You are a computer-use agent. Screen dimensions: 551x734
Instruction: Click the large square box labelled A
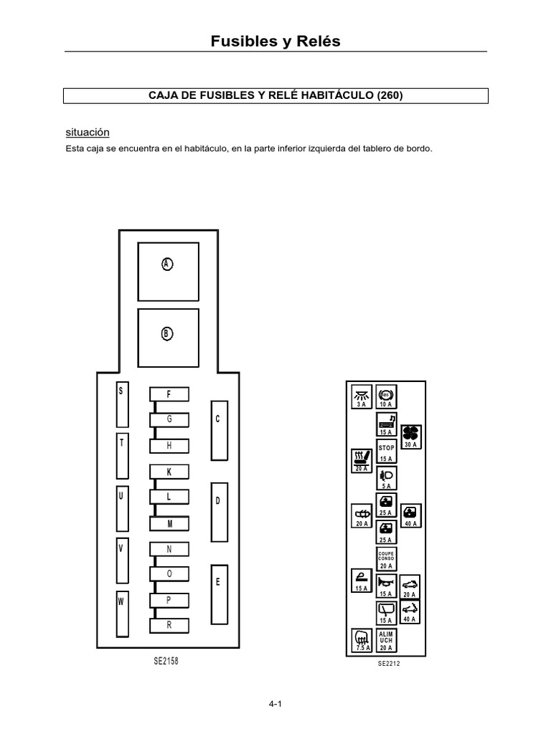(168, 272)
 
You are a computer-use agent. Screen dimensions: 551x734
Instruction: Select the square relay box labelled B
(168, 338)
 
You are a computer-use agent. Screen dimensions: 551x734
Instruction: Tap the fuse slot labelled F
(169, 394)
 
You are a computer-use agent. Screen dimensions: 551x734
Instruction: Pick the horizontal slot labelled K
(169, 472)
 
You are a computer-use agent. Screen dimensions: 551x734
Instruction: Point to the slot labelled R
(169, 625)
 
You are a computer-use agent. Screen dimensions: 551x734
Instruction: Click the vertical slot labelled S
(122, 404)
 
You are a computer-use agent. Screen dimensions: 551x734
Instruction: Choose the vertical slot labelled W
(122, 614)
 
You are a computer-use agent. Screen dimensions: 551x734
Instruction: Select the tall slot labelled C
(220, 431)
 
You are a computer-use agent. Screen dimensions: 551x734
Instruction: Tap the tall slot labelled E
(220, 594)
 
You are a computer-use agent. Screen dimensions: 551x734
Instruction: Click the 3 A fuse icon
(362, 396)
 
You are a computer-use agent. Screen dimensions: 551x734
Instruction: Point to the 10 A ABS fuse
(386, 396)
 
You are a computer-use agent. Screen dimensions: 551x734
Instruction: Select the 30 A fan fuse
(411, 437)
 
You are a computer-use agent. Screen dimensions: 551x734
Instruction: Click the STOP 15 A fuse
(387, 452)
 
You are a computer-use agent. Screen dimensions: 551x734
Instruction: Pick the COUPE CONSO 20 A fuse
(387, 559)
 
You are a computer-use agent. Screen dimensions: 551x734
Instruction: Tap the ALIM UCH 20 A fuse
(387, 640)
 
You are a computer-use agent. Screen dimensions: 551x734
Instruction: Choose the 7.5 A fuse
(362, 640)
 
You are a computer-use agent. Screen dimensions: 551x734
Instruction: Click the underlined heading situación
(88, 133)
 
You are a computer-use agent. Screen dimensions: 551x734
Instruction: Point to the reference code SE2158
(166, 661)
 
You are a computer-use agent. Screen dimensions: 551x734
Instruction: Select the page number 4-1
(275, 704)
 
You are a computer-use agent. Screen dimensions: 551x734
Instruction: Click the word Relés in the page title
(318, 41)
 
